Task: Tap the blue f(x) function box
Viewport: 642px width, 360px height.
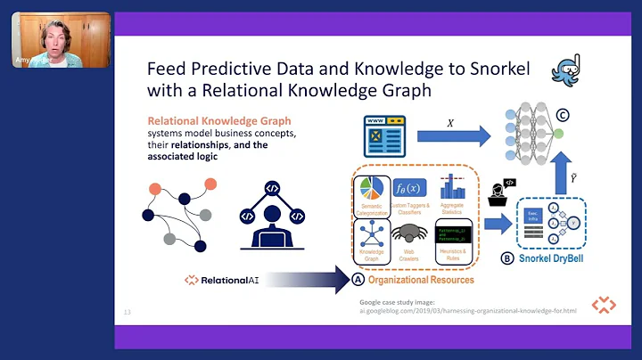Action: [x=415, y=187]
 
